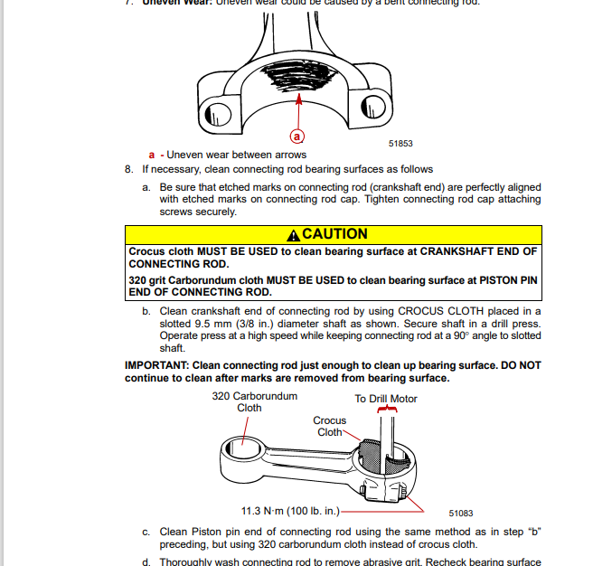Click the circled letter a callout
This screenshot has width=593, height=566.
click(296, 137)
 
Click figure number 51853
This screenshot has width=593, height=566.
click(400, 143)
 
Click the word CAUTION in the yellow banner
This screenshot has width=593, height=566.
click(334, 234)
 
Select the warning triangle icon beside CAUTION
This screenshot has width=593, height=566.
click(293, 235)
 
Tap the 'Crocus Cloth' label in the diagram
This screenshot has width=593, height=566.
click(329, 426)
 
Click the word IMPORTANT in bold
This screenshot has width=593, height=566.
click(155, 365)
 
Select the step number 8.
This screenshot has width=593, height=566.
click(128, 169)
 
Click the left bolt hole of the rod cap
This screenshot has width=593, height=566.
click(217, 113)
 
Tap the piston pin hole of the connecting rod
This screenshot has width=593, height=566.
click(244, 447)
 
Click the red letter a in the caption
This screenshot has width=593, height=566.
click(152, 155)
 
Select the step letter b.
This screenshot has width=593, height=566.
click(146, 311)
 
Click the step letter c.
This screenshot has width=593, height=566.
click(146, 532)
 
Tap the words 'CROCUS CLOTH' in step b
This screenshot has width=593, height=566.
click(431, 311)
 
